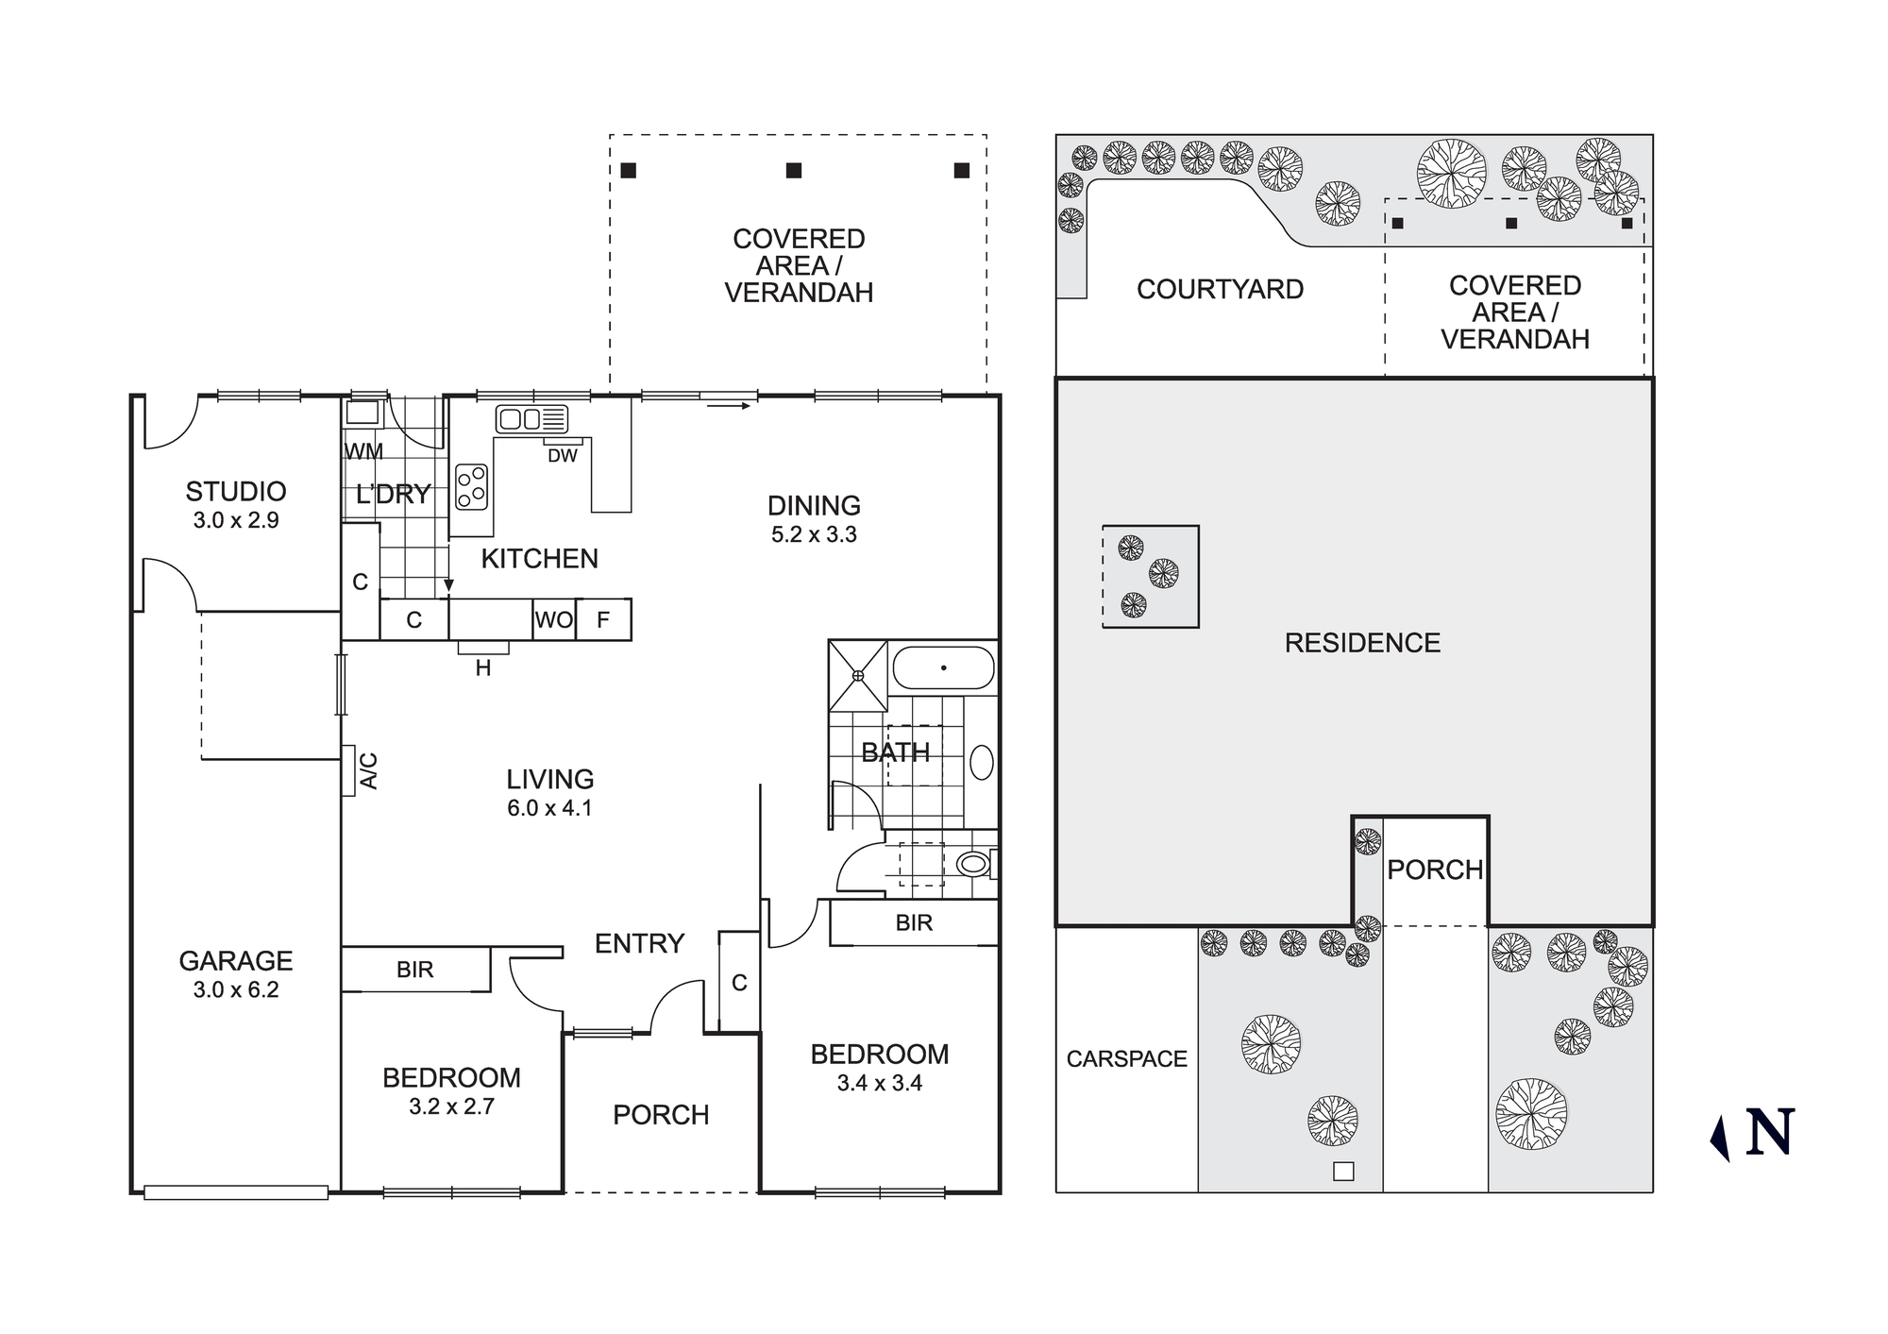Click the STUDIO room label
coord(235,491)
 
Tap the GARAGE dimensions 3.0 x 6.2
coord(235,989)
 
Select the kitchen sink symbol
coord(531,419)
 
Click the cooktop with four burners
coord(471,487)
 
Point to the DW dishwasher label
coord(562,456)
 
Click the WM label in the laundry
coord(363,451)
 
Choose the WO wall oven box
coord(553,620)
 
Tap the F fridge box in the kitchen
coord(603,620)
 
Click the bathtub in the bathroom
coord(943,667)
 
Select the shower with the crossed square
coord(858,675)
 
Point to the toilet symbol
coord(972,863)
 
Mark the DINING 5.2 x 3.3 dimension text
coord(814,534)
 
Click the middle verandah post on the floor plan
coord(794,171)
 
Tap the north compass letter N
coord(1769,1133)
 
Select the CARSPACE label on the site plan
coord(1126,1059)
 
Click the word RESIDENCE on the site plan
coord(1362,643)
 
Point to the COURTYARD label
coord(1220,289)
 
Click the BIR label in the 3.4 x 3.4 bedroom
coord(914,922)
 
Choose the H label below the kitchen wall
coord(483,668)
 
